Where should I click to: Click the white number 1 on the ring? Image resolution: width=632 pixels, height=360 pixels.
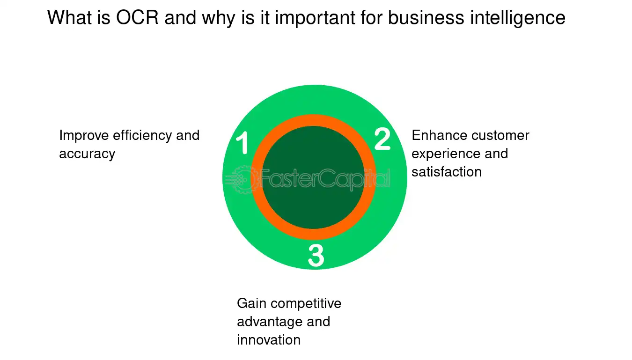pos(243,143)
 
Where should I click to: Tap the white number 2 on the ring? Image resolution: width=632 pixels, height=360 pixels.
pos(382,140)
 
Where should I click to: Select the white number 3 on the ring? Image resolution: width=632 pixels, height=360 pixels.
pos(316,256)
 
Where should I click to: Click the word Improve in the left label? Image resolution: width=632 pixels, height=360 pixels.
pos(85,136)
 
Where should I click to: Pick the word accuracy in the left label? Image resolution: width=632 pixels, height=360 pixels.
pos(87,154)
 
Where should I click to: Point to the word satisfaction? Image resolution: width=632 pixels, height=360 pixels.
pos(447,172)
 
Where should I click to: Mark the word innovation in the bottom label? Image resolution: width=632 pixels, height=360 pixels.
pos(269,340)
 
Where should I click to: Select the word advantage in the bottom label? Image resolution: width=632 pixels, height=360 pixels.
pos(269,322)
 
